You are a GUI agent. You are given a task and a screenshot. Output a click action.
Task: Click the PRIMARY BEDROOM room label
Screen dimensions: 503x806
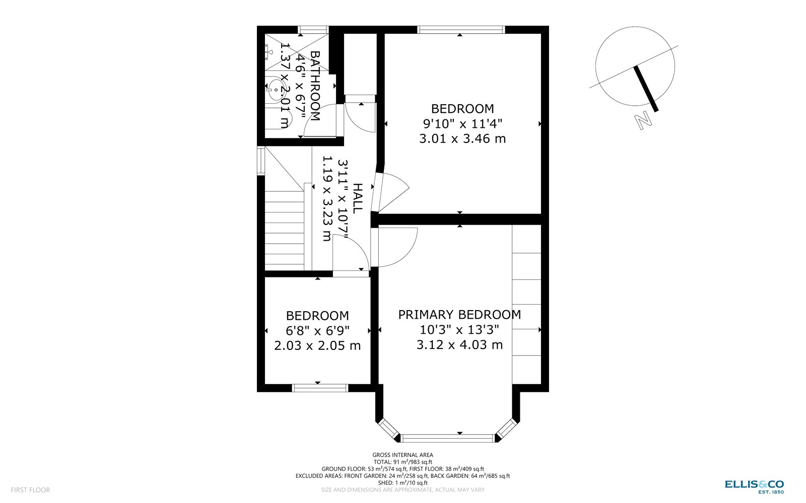point(459,315)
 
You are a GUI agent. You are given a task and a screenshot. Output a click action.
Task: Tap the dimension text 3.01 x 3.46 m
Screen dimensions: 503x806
point(462,138)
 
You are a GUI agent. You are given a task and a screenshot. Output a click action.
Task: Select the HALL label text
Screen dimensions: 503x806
point(357,198)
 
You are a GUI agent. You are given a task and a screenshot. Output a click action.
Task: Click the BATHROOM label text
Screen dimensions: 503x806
point(315,86)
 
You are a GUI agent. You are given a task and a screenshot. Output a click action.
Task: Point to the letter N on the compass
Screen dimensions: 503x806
point(642,121)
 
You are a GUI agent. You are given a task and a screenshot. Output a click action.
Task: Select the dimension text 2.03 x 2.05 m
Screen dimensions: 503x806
point(317,346)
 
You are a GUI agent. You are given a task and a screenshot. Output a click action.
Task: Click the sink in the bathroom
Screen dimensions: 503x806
point(275,90)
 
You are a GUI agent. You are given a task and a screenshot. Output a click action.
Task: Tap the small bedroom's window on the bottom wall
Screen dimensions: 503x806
point(320,388)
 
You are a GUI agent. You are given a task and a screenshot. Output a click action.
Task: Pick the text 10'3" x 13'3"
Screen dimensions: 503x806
point(459,330)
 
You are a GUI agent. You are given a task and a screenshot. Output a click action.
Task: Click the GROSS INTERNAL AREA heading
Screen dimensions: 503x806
point(402,455)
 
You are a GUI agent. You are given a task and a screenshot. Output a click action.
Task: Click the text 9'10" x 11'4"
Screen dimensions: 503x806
point(462,123)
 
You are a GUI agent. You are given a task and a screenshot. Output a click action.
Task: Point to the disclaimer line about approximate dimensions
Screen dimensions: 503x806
point(402,489)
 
